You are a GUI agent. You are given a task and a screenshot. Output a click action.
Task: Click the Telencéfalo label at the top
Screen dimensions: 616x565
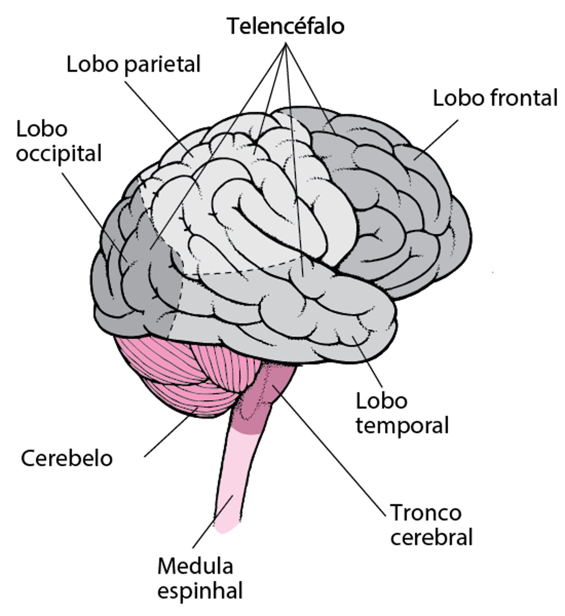(286, 27)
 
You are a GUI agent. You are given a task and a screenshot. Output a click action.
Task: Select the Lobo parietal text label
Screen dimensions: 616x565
(134, 64)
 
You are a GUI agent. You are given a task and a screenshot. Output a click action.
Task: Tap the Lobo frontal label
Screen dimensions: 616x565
(494, 99)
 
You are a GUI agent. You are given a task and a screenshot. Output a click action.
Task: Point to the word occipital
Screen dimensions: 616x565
(59, 154)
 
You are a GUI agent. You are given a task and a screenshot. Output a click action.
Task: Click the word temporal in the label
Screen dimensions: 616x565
(402, 426)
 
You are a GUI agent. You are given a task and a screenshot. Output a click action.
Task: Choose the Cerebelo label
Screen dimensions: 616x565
(67, 458)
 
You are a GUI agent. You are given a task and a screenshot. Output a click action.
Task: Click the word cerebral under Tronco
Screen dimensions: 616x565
(431, 537)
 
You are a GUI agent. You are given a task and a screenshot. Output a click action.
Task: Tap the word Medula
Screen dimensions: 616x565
(195, 566)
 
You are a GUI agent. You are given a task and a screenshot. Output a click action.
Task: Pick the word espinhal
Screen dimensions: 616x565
(200, 591)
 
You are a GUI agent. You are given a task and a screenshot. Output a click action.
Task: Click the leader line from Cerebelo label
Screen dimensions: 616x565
(169, 433)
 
